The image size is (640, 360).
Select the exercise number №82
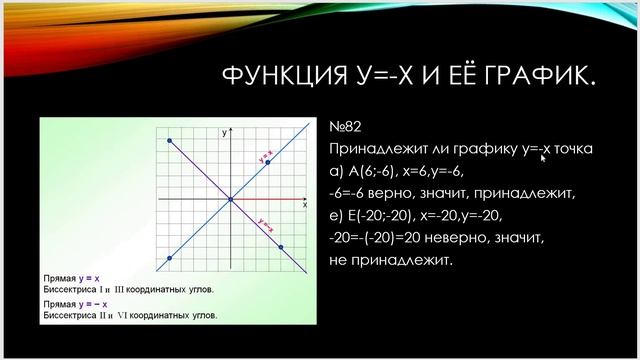(344, 128)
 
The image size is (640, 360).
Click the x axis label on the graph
(304, 204)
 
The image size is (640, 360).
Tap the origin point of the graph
(230, 200)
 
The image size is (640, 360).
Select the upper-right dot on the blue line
(268, 162)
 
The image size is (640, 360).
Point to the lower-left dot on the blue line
(171, 259)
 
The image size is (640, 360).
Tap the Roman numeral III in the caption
(124, 288)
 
